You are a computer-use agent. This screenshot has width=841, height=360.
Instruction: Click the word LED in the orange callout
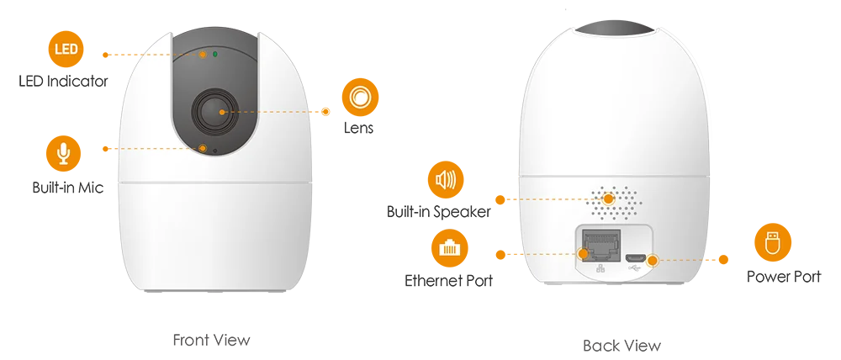[x=66, y=50]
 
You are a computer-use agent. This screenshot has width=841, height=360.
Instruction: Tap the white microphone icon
[x=63, y=152]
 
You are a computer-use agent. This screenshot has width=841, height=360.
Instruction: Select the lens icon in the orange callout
[x=360, y=98]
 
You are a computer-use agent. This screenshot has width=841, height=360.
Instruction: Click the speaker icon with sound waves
[x=445, y=179]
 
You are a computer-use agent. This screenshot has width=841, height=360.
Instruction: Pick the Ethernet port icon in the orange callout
[x=450, y=249]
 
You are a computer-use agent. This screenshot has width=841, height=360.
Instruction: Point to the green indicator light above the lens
[x=216, y=55]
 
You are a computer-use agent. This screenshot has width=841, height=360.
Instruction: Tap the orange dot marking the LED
[x=203, y=55]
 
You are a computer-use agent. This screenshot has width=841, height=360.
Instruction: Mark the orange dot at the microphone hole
[x=204, y=149]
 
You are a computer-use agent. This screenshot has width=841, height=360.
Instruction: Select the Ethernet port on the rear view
[x=599, y=245]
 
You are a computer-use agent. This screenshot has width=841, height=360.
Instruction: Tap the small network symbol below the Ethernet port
[x=600, y=269]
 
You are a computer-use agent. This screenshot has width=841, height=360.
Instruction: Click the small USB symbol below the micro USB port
[x=636, y=269]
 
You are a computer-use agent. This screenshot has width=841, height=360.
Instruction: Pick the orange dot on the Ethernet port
[x=584, y=252]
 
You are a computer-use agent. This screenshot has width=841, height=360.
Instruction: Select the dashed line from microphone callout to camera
[x=156, y=149]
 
